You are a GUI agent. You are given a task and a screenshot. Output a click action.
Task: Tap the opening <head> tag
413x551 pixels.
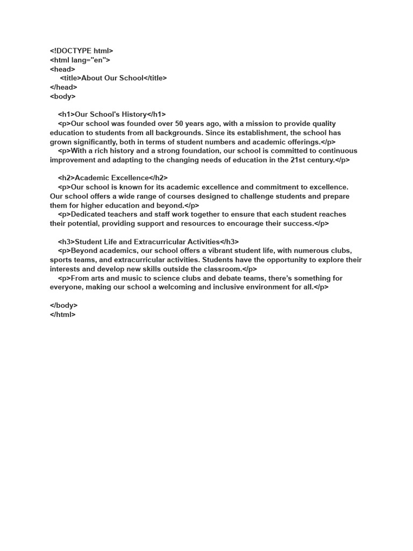62,69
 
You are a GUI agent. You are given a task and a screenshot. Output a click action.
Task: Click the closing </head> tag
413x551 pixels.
63,87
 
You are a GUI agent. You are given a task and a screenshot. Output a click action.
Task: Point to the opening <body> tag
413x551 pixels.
63,96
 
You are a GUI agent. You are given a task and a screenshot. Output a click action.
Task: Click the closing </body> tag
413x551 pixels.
64,305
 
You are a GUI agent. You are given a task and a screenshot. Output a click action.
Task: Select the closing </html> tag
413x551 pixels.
63,314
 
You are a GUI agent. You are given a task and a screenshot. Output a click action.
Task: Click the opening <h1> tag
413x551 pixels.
66,115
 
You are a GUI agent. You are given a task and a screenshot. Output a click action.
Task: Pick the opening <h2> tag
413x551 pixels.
66,178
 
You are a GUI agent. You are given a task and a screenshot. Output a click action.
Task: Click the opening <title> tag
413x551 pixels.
70,78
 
